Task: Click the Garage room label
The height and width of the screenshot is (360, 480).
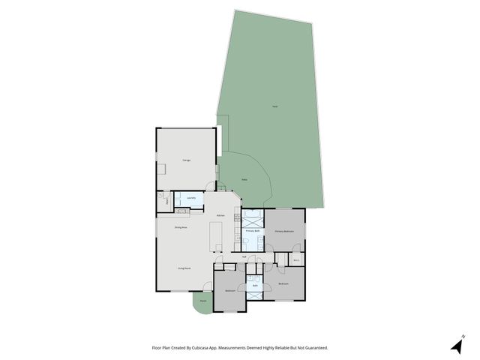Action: [186, 160]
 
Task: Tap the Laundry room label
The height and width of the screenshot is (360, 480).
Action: [191, 199]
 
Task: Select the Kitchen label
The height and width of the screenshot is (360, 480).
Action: [220, 216]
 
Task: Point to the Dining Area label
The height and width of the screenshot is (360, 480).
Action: [181, 227]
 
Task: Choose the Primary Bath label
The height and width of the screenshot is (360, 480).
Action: [253, 232]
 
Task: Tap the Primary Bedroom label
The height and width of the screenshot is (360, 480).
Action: [284, 232]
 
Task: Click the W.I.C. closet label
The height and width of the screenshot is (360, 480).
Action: [296, 260]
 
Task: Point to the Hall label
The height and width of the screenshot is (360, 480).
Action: [244, 256]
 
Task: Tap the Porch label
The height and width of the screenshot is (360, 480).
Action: [202, 302]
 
